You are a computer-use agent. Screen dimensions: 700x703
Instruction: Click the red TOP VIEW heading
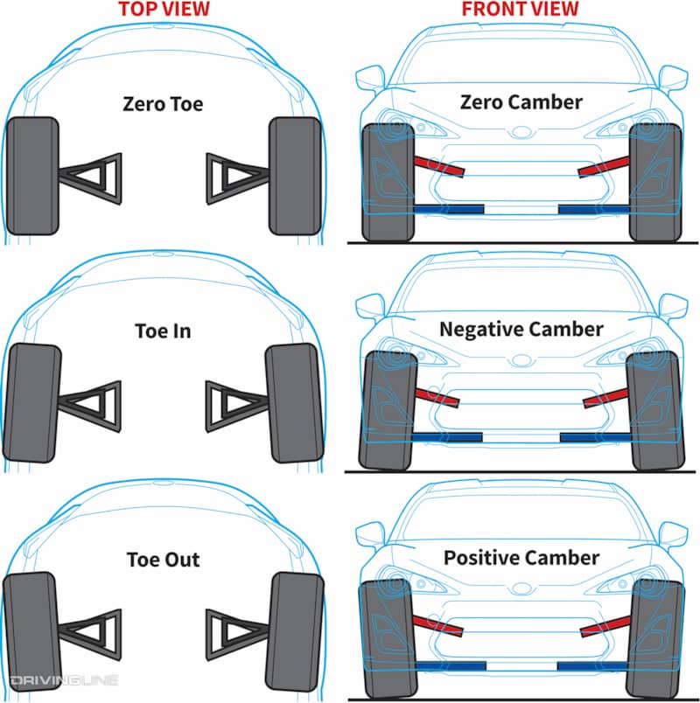(164, 9)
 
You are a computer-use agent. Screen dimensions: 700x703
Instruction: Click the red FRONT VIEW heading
(520, 9)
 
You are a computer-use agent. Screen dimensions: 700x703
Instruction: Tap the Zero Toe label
(163, 104)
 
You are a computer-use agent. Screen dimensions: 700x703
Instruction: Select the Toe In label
(163, 331)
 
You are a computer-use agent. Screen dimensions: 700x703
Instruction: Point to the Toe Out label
(163, 560)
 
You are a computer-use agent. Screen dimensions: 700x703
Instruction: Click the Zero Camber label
(521, 102)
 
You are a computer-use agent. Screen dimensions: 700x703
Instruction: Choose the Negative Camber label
(521, 329)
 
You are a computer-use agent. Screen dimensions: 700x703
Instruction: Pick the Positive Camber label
(521, 558)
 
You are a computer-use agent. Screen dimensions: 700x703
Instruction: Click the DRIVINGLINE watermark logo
(64, 680)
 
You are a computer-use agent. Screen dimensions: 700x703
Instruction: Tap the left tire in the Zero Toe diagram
(32, 176)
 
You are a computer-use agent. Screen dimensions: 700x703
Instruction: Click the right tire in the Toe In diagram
(294, 403)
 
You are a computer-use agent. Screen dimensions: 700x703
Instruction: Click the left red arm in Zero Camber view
(440, 166)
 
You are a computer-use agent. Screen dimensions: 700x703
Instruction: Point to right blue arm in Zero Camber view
(594, 209)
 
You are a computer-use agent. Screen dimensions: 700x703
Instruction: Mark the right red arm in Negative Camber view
(605, 398)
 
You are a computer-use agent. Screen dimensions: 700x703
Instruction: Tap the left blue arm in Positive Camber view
(451, 666)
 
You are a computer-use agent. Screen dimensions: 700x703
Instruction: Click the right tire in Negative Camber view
(655, 411)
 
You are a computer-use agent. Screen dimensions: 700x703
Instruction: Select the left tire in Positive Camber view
(388, 639)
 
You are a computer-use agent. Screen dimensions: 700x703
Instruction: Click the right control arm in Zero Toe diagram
(238, 178)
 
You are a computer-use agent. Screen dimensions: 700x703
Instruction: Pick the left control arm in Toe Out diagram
(90, 635)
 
